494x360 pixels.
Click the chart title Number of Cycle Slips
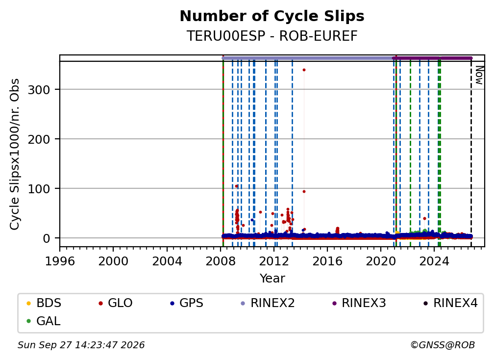(272, 16)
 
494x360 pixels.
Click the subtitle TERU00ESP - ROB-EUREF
(272, 36)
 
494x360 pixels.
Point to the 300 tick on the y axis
(39, 90)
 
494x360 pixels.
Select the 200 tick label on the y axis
(39, 139)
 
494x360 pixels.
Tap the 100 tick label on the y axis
(39, 189)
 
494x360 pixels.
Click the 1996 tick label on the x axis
(60, 261)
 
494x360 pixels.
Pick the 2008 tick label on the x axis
(220, 261)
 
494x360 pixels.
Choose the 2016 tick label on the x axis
(327, 261)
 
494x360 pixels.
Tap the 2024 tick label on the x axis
(434, 261)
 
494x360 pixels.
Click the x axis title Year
(272, 279)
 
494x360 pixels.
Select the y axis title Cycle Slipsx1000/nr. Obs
(15, 154)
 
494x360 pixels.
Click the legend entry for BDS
(44, 303)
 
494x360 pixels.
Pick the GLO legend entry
(116, 303)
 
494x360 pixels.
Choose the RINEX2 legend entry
(268, 303)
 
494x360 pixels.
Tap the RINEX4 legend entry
(450, 303)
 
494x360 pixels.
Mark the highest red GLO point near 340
(304, 70)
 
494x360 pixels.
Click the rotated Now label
(479, 76)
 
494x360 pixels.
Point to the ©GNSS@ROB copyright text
(443, 345)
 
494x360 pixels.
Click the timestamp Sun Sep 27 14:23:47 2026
(81, 345)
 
